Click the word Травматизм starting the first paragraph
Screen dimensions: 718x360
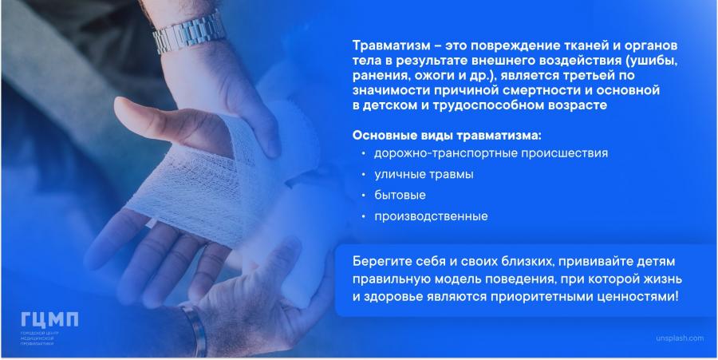click(391, 47)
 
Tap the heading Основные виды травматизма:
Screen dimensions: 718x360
click(447, 136)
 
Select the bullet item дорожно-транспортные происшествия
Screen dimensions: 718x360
click(491, 153)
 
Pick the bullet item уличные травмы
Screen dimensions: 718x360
click(424, 175)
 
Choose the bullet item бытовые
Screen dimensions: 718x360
click(400, 195)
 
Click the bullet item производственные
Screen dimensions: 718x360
click(431, 216)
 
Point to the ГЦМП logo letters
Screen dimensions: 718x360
click(49, 320)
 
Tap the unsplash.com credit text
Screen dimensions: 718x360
click(680, 338)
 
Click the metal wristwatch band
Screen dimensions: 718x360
click(188, 33)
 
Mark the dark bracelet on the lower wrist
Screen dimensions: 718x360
click(196, 330)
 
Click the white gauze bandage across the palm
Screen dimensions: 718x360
click(202, 184)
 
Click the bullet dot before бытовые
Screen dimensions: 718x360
click(363, 196)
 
